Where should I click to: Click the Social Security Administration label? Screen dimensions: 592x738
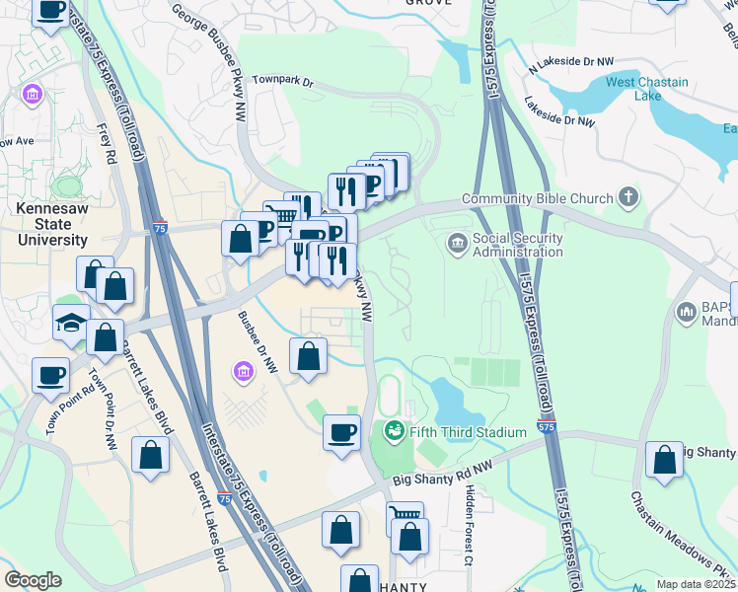[517, 244]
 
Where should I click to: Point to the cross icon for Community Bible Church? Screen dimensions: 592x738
[628, 197]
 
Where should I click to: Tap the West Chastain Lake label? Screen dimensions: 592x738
[648, 90]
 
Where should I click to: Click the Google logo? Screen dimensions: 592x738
[33, 579]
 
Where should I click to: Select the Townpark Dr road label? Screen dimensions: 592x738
[281, 81]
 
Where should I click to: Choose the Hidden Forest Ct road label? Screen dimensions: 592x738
[470, 525]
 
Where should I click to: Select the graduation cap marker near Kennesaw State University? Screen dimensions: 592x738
[72, 324]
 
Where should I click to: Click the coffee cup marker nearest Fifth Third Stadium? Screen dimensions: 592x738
[342, 432]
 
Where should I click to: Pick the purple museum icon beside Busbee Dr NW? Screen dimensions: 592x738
[243, 371]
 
